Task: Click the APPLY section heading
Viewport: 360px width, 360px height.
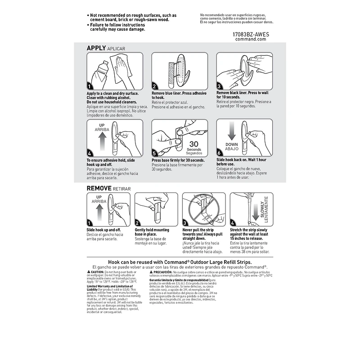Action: (x=96, y=48)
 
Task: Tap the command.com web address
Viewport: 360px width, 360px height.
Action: (x=251, y=39)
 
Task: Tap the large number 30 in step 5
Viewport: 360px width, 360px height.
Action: (x=194, y=144)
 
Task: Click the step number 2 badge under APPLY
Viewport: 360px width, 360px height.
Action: (x=154, y=86)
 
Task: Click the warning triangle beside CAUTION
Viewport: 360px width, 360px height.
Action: (x=88, y=272)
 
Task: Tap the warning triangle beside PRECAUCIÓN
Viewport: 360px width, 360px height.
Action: (x=151, y=272)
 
